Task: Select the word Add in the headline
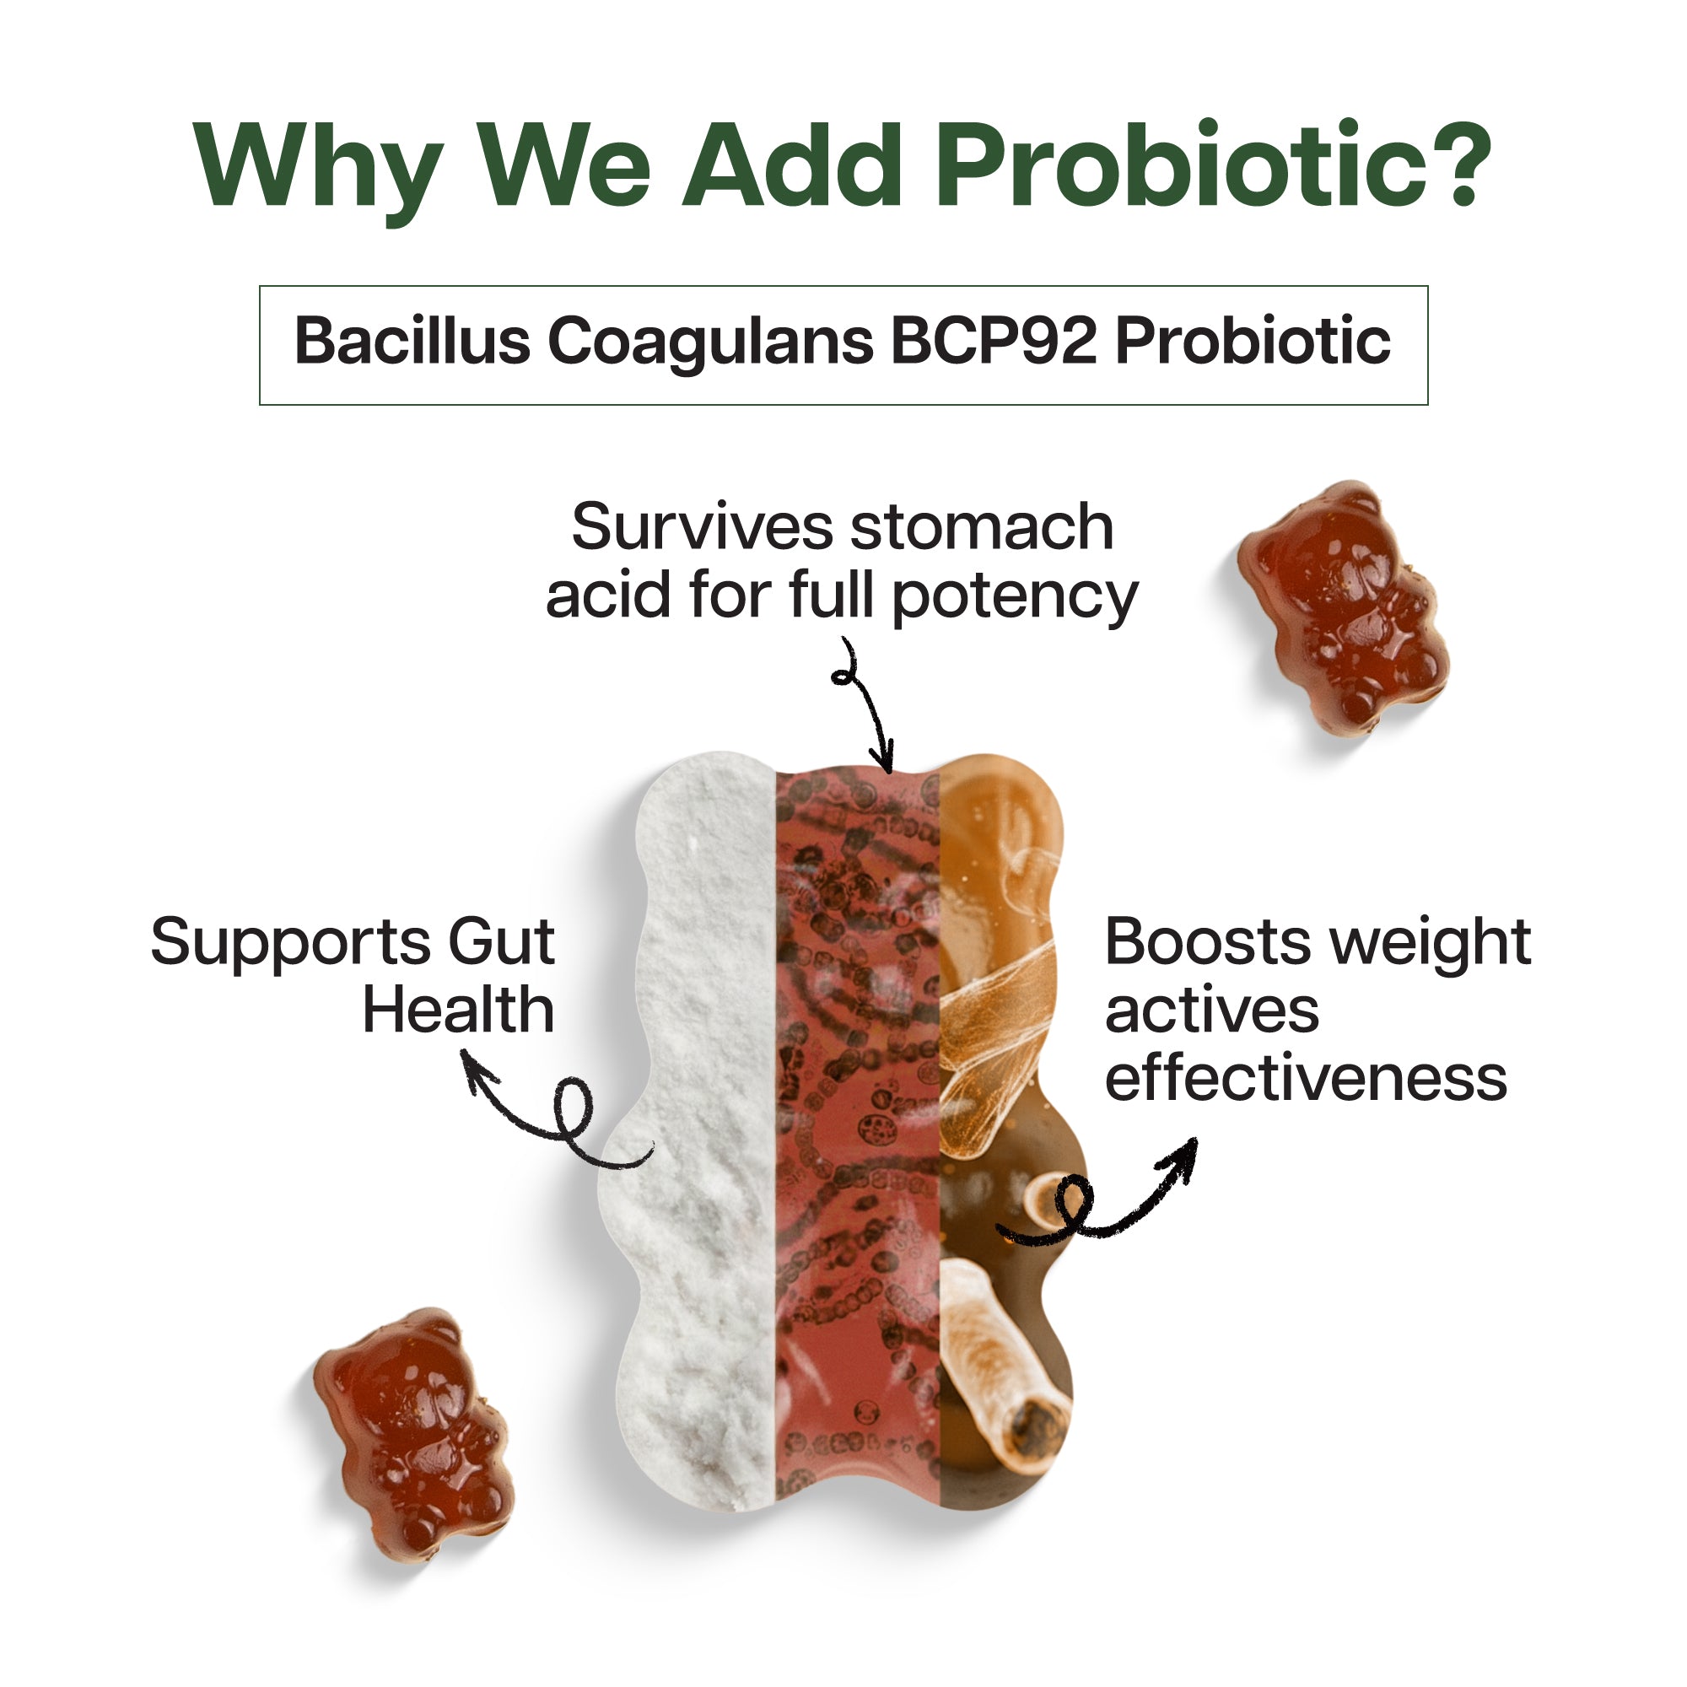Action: pyautogui.click(x=791, y=164)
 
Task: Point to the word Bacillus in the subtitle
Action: pyautogui.click(x=412, y=341)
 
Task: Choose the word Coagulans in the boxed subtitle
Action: pyautogui.click(x=710, y=343)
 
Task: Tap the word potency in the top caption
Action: pyautogui.click(x=1016, y=600)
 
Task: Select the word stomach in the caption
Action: pyautogui.click(x=983, y=527)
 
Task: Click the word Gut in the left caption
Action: pyautogui.click(x=501, y=942)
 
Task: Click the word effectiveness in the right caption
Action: pyautogui.click(x=1307, y=1077)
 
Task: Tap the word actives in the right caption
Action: pyautogui.click(x=1212, y=1012)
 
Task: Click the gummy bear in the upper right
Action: pyautogui.click(x=1342, y=609)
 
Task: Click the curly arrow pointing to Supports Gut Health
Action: pyautogui.click(x=559, y=1126)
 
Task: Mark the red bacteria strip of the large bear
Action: pyautogui.click(x=859, y=1135)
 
